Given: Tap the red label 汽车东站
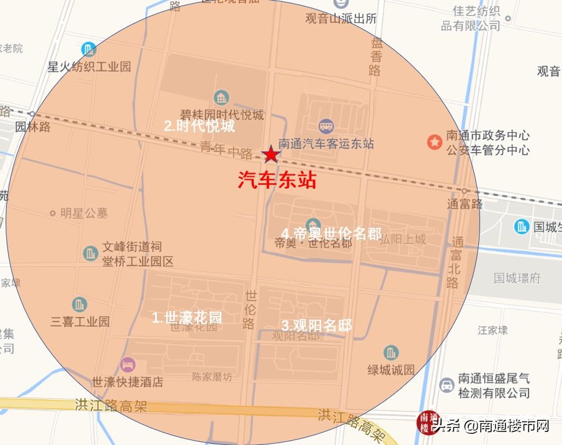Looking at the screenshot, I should coord(277,180).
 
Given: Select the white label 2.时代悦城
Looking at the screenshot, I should coord(199,126).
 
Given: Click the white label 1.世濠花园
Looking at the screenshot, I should coord(187,318).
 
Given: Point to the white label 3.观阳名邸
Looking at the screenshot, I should coord(316,325).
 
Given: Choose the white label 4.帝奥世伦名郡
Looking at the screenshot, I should coord(331,233).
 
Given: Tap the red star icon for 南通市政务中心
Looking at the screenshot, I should coord(434,142).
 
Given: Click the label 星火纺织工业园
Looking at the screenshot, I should coord(89,66).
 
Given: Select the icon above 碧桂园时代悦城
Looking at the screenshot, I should coord(221,97).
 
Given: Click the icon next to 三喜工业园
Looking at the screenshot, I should coord(79,304).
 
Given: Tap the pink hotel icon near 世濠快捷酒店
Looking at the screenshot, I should coord(127,363).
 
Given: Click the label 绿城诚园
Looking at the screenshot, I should coord(391,370).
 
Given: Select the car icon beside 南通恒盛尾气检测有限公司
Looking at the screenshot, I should coord(446,385).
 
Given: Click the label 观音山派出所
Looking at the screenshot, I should coord(341,19).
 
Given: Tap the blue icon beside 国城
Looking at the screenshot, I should coord(522,227).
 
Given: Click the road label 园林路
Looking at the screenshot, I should coord(33,127).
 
